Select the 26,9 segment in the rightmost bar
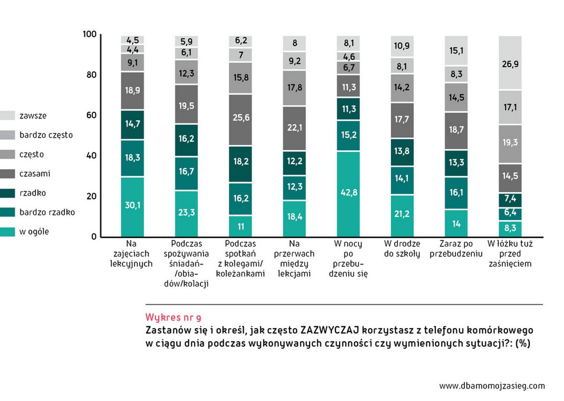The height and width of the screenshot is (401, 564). (x=509, y=63)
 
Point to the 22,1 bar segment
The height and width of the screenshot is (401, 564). (x=294, y=129)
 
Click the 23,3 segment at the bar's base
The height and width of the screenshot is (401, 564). (x=186, y=213)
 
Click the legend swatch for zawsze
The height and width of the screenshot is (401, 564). (x=7, y=116)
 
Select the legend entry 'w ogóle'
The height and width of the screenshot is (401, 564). (x=34, y=231)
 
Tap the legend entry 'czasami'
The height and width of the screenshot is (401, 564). (x=35, y=173)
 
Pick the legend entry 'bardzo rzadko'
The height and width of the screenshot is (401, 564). (x=47, y=212)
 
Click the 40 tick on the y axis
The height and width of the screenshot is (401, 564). (x=90, y=156)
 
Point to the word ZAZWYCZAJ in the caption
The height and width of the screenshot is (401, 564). (x=329, y=330)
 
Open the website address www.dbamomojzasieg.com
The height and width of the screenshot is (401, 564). (x=492, y=386)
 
